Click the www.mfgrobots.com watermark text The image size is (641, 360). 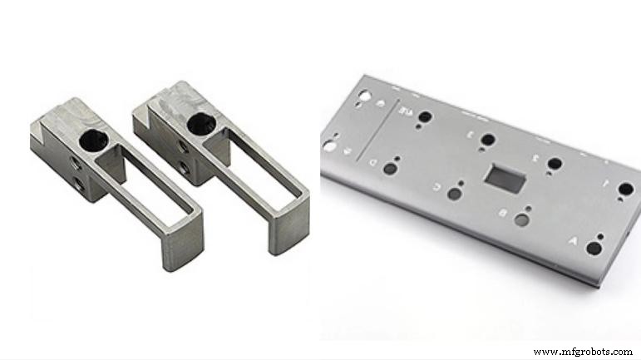(582, 352)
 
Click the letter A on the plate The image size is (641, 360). (572, 240)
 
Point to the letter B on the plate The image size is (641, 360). (503, 214)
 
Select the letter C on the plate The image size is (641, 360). (436, 187)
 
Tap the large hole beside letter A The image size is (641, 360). (593, 249)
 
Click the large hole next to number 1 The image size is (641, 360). (626, 189)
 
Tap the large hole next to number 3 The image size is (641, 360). (489, 140)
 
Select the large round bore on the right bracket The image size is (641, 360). (197, 124)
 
